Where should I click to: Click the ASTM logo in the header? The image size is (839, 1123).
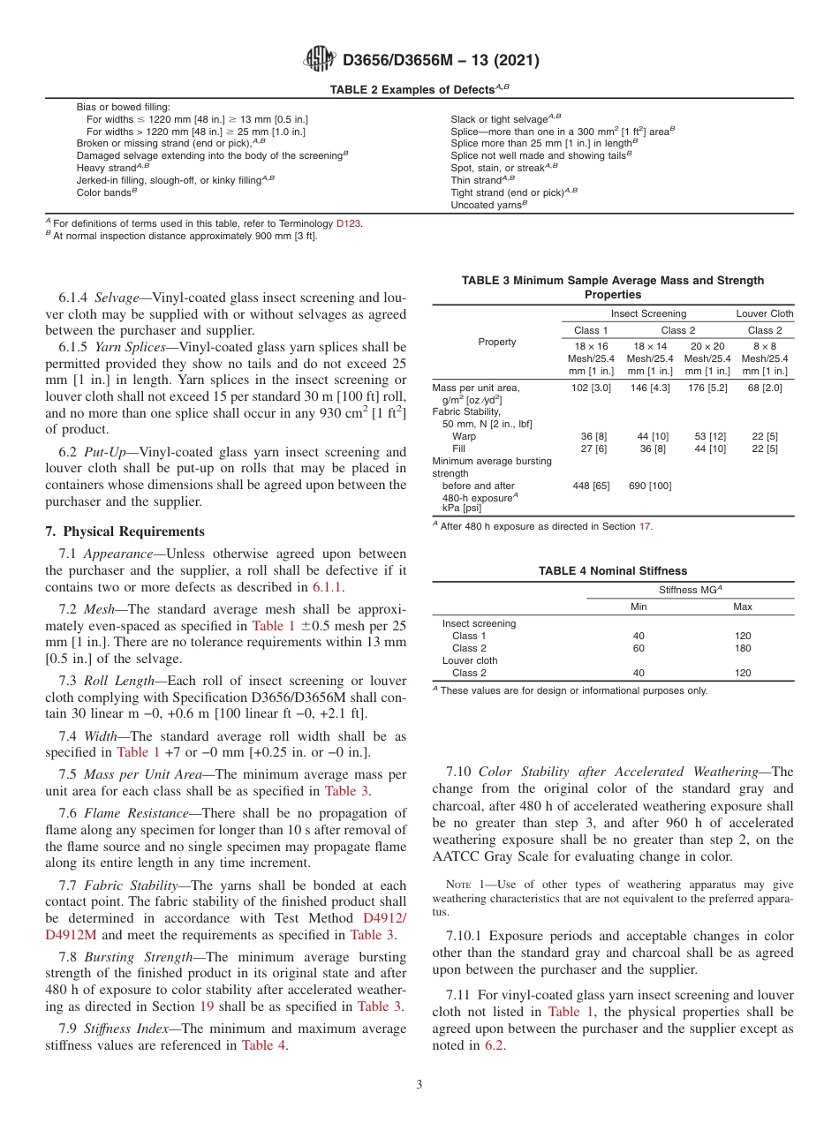(319, 59)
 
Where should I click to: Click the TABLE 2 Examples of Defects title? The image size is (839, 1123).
(419, 89)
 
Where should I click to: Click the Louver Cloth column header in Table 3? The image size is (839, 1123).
(765, 313)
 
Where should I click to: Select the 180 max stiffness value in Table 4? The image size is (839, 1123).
(743, 648)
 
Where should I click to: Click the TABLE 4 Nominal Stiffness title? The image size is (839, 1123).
(612, 571)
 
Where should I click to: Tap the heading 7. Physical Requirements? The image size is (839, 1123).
(125, 531)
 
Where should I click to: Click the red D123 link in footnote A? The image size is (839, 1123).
(349, 223)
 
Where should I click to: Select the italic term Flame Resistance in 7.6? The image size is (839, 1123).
(134, 813)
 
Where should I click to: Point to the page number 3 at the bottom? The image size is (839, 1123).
(419, 1085)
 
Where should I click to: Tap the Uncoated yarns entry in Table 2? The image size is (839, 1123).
(488, 204)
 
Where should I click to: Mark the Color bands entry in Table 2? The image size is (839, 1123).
(105, 192)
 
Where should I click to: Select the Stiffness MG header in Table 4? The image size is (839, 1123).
(690, 590)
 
